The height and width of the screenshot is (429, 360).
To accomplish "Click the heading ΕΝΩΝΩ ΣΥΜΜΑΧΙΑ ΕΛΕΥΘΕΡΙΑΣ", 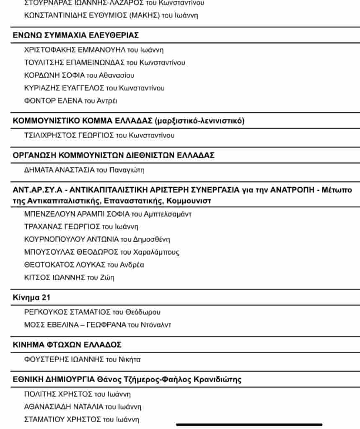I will (x=76, y=35).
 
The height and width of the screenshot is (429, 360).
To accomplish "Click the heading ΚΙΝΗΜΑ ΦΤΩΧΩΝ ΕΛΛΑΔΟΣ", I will (x=67, y=345).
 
